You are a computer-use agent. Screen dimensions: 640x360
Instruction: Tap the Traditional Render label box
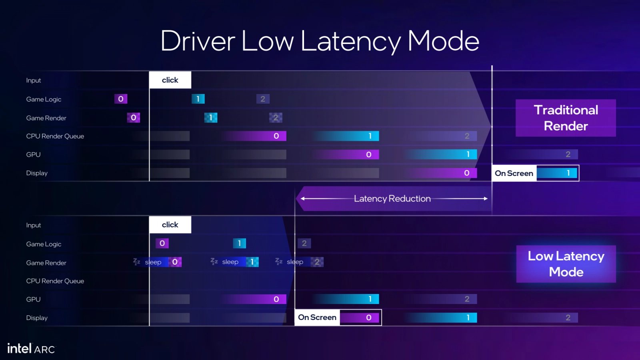tap(566, 118)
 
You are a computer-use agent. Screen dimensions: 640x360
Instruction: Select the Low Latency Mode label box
tap(566, 264)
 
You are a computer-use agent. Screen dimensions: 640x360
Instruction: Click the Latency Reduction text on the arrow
tap(392, 198)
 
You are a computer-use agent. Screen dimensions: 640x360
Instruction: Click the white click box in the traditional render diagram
tap(170, 80)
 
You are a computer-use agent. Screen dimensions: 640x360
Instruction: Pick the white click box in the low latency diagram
tap(170, 224)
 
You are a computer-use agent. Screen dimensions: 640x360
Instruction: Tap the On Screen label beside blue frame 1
tap(514, 173)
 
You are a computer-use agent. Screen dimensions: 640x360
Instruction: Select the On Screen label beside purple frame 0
tap(317, 318)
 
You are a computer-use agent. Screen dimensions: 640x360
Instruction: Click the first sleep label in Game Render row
tap(153, 262)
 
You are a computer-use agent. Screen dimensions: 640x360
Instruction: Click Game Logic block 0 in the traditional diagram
tap(121, 99)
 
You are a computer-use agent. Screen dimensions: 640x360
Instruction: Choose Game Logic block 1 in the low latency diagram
tap(240, 244)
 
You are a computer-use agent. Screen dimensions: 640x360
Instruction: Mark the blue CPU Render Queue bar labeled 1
tap(346, 136)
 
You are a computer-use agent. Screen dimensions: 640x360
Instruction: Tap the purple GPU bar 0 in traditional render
tap(346, 154)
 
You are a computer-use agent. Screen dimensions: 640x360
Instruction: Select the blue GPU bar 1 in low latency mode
tap(346, 299)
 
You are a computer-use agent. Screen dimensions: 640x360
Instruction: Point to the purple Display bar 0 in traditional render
tap(442, 173)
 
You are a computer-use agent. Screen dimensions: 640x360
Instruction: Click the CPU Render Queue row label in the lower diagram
tap(55, 281)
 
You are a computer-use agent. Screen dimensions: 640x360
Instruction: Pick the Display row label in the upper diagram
tap(37, 173)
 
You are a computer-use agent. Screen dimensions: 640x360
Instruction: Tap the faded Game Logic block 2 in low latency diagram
tap(304, 244)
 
